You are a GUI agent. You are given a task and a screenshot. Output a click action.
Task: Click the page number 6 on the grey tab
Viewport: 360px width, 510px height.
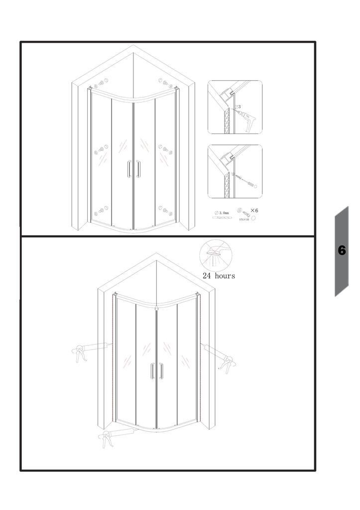(342, 251)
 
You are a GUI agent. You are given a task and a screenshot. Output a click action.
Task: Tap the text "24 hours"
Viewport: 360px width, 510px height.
(219, 275)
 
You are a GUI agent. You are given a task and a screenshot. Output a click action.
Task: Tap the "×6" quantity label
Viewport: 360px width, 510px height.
(254, 211)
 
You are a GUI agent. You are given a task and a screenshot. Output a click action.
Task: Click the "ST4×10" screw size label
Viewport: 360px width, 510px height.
(244, 219)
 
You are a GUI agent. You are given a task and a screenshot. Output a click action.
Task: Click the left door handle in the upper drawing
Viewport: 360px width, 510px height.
(130, 169)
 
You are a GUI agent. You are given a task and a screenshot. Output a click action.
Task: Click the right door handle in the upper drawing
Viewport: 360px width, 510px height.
(137, 169)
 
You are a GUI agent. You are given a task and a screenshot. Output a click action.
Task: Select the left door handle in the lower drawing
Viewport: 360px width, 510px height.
(152, 372)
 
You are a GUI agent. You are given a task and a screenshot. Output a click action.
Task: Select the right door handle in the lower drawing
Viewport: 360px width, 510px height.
(161, 372)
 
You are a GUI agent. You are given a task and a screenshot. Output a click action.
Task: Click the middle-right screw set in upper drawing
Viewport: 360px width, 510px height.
(164, 148)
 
